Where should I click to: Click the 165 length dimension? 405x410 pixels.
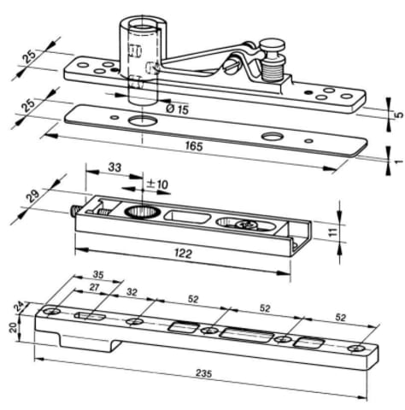(x=194, y=146)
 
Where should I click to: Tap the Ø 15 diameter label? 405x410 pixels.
(x=177, y=108)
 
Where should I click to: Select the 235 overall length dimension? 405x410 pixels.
(x=204, y=373)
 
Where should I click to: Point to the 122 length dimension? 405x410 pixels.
(x=183, y=254)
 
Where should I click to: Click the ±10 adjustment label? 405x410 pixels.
(x=157, y=184)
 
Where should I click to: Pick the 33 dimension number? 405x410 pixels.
(x=114, y=167)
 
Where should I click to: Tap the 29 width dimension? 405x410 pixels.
(x=33, y=196)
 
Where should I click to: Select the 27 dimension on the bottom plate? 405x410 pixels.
(x=94, y=288)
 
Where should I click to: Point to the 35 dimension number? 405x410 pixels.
(x=98, y=275)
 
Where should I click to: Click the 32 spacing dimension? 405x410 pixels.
(x=132, y=292)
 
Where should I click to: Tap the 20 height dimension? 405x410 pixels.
(x=13, y=327)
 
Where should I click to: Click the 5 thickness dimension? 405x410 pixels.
(x=399, y=114)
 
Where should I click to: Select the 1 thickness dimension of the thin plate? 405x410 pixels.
(x=399, y=162)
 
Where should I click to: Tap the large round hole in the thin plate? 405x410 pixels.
(x=143, y=120)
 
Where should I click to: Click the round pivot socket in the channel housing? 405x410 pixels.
(x=143, y=213)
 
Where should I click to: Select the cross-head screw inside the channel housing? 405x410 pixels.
(x=246, y=225)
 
